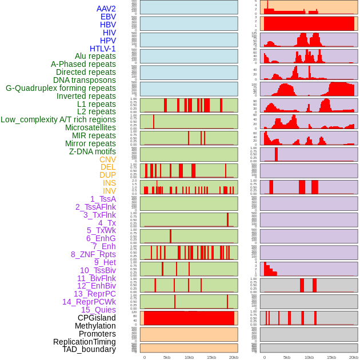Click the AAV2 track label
[106, 9]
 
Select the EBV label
[107, 17]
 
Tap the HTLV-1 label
[102, 49]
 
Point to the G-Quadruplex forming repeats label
[61, 88]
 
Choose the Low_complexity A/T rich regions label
[58, 119]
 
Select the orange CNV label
[107, 159]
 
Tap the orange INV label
[109, 191]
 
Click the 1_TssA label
[103, 199]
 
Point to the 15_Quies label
[98, 310]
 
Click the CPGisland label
[97, 318]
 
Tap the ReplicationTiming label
[85, 342]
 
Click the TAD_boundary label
[89, 349]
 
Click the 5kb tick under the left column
[167, 357]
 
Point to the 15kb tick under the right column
[331, 357]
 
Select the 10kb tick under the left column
[189, 357]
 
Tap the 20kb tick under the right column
[354, 357]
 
